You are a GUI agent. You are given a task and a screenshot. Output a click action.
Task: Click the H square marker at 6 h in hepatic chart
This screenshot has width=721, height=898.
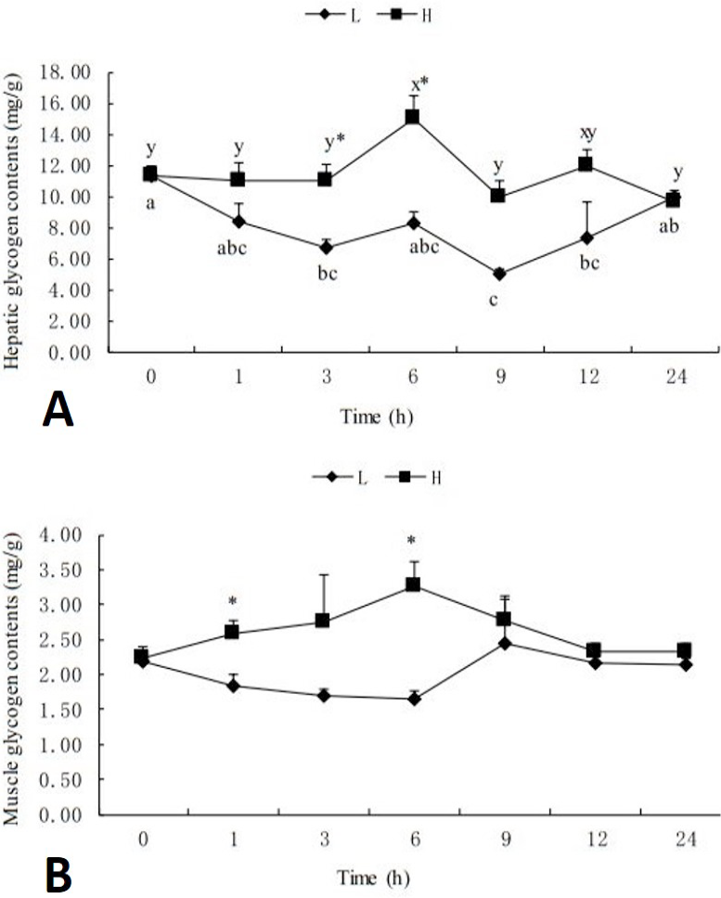pyautogui.click(x=412, y=117)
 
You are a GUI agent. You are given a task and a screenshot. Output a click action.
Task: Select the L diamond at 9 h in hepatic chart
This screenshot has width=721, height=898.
pyautogui.click(x=499, y=274)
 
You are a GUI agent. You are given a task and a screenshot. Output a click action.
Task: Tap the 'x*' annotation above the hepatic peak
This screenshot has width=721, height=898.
pyautogui.click(x=419, y=84)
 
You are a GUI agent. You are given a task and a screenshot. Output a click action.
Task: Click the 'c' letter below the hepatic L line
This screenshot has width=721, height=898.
pyautogui.click(x=493, y=300)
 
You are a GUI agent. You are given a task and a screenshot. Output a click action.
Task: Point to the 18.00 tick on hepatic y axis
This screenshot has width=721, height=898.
pyautogui.click(x=70, y=72)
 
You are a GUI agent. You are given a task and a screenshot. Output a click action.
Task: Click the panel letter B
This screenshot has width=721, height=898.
pyautogui.click(x=59, y=875)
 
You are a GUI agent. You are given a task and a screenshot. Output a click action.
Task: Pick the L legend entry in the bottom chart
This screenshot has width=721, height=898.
pyautogui.click(x=341, y=477)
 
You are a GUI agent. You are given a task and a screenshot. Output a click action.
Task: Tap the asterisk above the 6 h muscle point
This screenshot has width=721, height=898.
pyautogui.click(x=411, y=540)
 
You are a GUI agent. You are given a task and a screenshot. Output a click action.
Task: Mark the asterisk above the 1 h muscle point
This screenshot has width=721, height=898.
pyautogui.click(x=232, y=601)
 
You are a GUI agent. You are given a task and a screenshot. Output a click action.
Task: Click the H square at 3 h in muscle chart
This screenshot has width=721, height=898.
pyautogui.click(x=322, y=621)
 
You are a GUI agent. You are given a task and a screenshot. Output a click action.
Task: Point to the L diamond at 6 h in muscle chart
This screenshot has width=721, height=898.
pyautogui.click(x=414, y=699)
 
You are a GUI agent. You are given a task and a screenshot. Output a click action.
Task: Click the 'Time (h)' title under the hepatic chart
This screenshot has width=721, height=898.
pyautogui.click(x=377, y=417)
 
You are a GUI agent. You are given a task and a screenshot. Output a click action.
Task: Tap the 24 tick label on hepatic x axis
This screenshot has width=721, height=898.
pyautogui.click(x=676, y=377)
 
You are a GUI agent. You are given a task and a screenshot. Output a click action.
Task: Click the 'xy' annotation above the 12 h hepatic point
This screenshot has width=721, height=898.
pyautogui.click(x=588, y=133)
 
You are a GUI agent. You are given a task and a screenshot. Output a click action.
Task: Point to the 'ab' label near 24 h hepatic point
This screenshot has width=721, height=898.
pyautogui.click(x=669, y=226)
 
